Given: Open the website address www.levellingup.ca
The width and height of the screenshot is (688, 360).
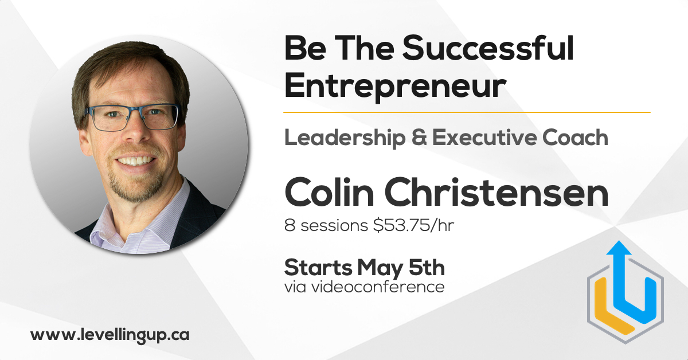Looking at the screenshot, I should tap(110, 335).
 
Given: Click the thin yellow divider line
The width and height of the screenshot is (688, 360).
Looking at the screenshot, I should tap(467, 112).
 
